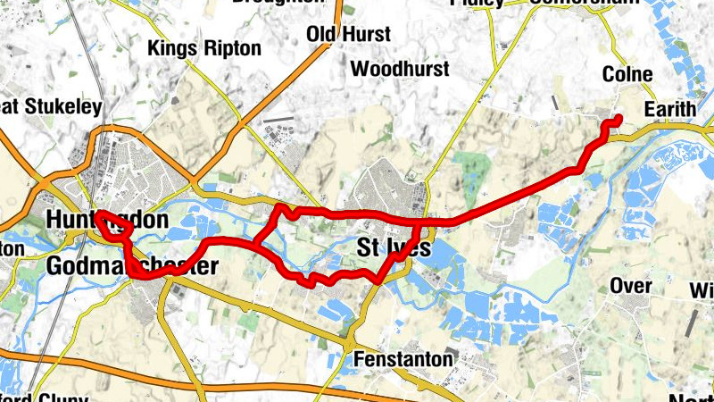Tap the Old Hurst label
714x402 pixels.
pyautogui.click(x=348, y=35)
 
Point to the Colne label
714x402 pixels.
pyautogui.click(x=627, y=74)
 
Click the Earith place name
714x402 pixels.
pyautogui.click(x=670, y=109)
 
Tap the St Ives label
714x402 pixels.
pyautogui.click(x=393, y=248)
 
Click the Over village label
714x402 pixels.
pyautogui.click(x=630, y=286)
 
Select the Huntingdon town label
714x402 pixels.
pyautogui.click(x=107, y=220)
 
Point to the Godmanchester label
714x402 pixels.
pyautogui.click(x=131, y=266)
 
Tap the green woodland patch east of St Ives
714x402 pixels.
pyautogui.click(x=470, y=170)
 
